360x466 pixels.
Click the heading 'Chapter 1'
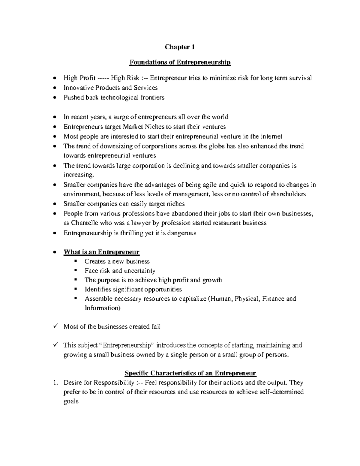180,47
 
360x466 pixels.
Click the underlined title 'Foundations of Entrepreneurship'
180,62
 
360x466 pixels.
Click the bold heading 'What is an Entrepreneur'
101,252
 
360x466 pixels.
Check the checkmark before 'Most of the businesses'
55,326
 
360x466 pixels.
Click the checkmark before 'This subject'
55,344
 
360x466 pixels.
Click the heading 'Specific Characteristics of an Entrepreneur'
190,373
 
